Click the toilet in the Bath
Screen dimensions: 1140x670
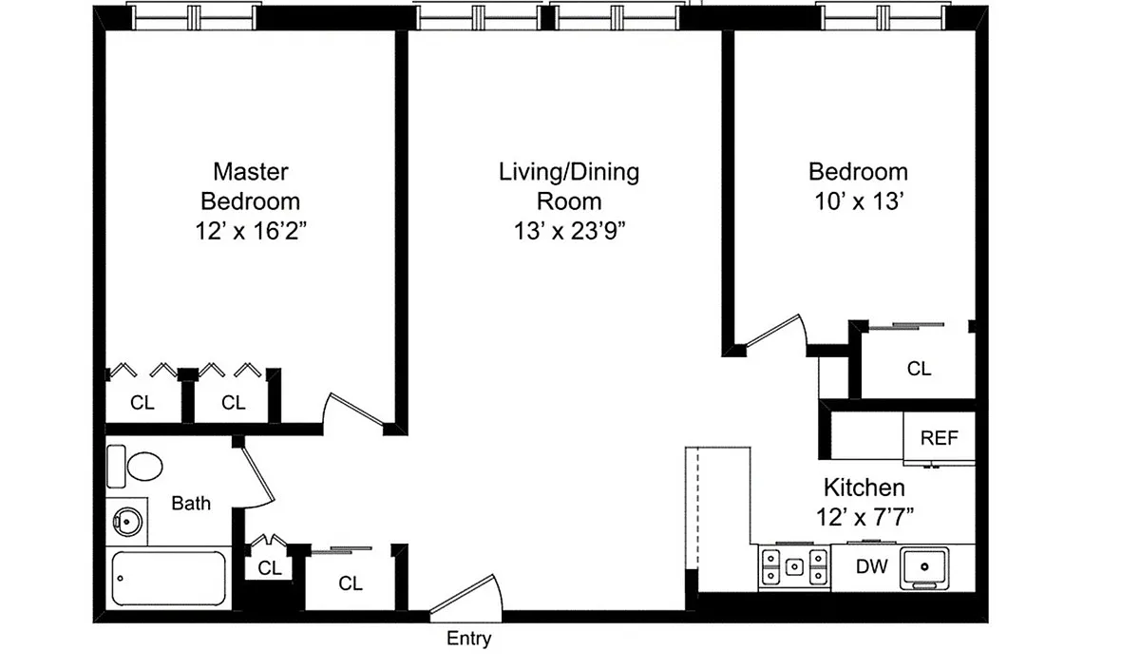[135, 466]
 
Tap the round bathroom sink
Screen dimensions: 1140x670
[126, 522]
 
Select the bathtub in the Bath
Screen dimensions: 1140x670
[168, 579]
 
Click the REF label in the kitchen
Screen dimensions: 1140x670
[939, 438]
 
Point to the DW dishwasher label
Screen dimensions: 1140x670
[872, 566]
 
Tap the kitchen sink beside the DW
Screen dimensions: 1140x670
[924, 567]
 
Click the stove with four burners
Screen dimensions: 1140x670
[794, 567]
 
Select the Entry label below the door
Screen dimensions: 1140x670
[468, 639]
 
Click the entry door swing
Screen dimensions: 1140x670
[466, 598]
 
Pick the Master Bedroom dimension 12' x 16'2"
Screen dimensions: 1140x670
[251, 231]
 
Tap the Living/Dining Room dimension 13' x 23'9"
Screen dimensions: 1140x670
[569, 231]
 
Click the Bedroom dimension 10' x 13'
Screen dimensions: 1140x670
[859, 201]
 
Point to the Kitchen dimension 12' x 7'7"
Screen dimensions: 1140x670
[864, 518]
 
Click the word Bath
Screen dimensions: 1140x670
[191, 503]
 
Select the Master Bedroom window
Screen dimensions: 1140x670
[194, 17]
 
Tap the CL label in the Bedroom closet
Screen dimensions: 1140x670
[920, 369]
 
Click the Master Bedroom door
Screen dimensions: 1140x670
[353, 413]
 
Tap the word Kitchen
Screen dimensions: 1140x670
[864, 488]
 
